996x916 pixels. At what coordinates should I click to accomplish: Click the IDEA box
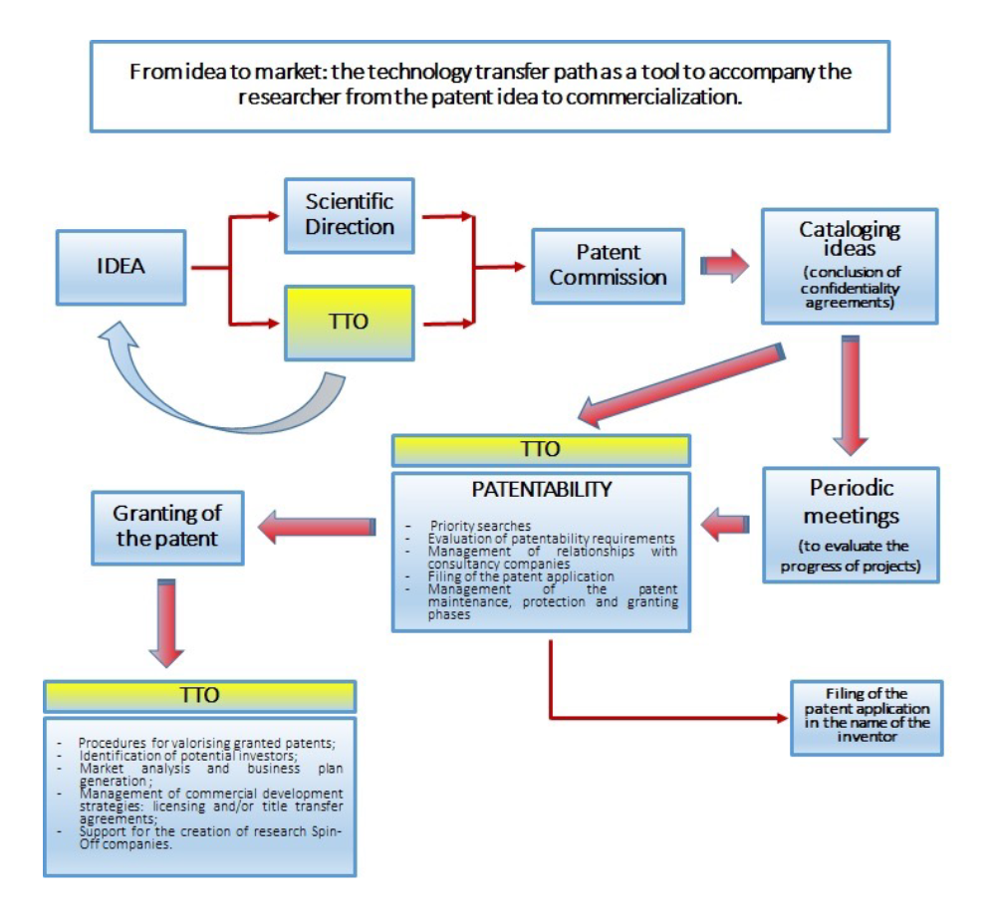121,268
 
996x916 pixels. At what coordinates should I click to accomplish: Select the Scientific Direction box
349,214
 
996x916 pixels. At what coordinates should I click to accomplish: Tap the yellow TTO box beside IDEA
349,323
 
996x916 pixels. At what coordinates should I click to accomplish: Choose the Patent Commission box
608,265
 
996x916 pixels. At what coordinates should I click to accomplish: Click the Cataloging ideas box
849,265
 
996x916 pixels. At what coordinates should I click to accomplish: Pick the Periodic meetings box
850,524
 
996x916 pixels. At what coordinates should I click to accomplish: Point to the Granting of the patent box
167,527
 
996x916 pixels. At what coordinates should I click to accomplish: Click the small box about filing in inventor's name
866,717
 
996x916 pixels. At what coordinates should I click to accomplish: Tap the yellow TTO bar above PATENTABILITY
541,449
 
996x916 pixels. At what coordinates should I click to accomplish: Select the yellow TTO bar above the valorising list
200,695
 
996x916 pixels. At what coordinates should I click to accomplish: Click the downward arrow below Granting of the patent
167,621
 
